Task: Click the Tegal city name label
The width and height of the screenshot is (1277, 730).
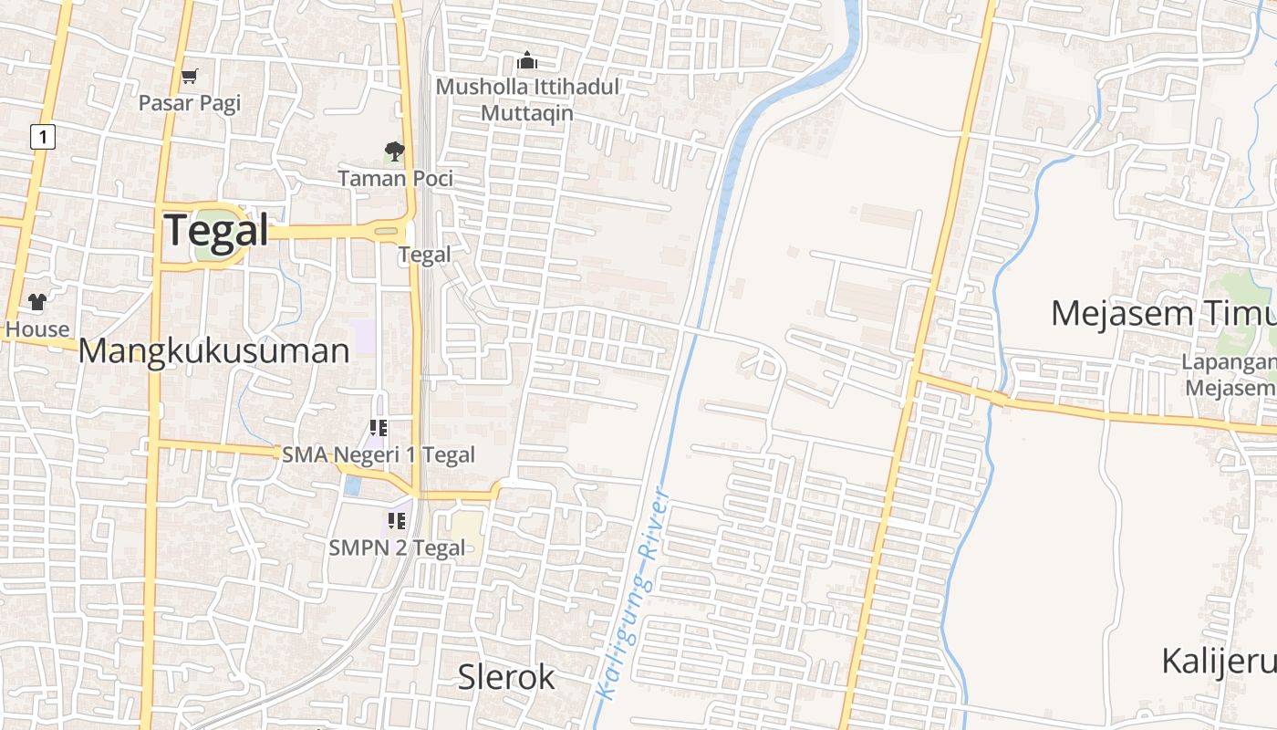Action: coord(217,230)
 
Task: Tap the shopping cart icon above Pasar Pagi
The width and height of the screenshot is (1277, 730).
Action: coord(189,77)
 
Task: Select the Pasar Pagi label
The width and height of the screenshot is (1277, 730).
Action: coord(190,102)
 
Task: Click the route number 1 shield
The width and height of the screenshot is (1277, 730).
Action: coord(43,137)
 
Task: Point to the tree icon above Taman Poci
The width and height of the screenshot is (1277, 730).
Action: coord(394,151)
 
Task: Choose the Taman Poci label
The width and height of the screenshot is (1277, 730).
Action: coord(396,178)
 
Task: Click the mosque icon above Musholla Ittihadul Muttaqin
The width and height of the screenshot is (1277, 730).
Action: coord(527,61)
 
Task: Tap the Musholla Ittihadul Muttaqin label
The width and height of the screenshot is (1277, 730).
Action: coord(527,99)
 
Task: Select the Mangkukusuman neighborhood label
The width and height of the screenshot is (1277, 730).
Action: coord(214,350)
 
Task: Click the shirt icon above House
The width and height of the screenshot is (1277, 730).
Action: coord(36,302)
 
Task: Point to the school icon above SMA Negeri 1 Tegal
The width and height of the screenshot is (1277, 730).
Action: coord(379,427)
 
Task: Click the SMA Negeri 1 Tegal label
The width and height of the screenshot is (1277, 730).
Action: coord(379,454)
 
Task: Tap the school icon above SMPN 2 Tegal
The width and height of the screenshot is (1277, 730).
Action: coord(397,521)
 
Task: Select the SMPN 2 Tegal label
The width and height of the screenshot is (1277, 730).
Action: coord(397,547)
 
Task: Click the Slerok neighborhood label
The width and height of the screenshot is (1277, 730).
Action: coord(506,677)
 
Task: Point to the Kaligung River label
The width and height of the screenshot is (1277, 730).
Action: coord(633,594)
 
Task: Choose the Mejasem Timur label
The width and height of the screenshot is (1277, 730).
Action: coord(1163,313)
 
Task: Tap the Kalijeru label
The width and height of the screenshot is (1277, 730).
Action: coord(1219,661)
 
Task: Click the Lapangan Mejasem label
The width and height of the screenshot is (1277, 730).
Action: coord(1229,374)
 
